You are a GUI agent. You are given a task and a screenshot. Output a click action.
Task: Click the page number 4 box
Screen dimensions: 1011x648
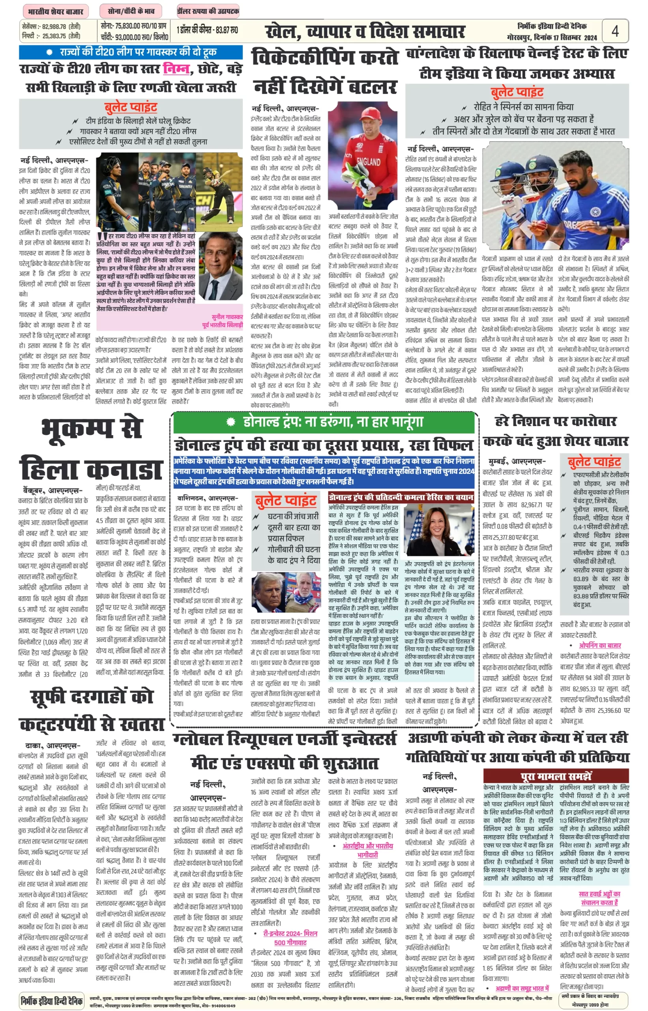615,31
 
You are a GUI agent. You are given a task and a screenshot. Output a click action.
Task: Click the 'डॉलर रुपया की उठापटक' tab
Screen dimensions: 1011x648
208,11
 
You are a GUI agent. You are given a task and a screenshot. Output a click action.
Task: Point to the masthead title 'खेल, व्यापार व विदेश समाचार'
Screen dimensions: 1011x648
365,32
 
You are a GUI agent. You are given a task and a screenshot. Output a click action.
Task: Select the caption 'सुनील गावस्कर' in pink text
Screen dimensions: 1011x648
227,317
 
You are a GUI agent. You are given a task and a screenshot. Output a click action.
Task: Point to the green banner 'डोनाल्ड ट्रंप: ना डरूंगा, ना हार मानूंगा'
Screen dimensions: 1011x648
324,422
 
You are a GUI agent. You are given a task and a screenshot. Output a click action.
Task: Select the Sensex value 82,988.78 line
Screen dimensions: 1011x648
51,26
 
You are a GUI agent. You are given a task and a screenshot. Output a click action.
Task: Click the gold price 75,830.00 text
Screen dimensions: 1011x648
133,26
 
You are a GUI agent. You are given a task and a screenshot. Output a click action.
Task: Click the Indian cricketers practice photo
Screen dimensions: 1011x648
555,196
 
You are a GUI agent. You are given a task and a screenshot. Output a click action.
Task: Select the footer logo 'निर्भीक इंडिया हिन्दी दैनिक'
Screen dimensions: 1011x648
52,1000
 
